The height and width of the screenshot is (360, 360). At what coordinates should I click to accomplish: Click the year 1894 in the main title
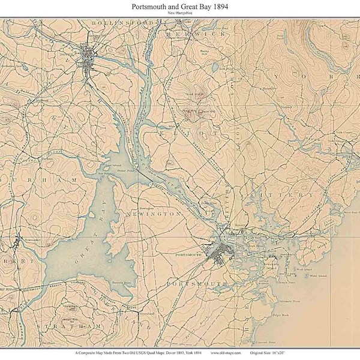(x=217, y=6)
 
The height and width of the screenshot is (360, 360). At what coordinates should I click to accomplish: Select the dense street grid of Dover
(x=88, y=58)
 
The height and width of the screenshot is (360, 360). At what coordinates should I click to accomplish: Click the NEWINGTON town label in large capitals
(x=157, y=213)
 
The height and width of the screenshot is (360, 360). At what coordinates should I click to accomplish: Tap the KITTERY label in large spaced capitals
(x=292, y=195)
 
